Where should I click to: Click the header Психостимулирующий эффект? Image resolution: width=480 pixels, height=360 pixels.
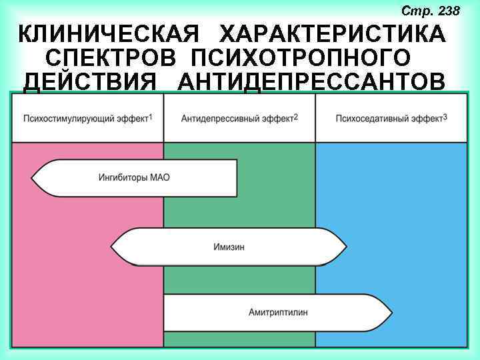pyautogui.click(x=85, y=119)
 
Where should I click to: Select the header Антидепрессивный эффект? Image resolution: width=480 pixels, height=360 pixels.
pyautogui.click(x=237, y=119)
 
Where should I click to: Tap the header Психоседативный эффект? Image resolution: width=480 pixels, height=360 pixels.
pyautogui.click(x=389, y=119)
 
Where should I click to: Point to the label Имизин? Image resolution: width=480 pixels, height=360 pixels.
pyautogui.click(x=229, y=247)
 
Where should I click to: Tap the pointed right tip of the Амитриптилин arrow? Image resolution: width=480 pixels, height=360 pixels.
pyautogui.click(x=391, y=312)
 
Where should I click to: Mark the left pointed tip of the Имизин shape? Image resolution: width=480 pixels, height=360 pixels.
pyautogui.click(x=112, y=247)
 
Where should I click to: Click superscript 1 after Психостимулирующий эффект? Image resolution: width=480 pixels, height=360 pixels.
pyautogui.click(x=151, y=117)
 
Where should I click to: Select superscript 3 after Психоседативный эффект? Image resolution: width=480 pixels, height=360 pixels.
pyautogui.click(x=445, y=117)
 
